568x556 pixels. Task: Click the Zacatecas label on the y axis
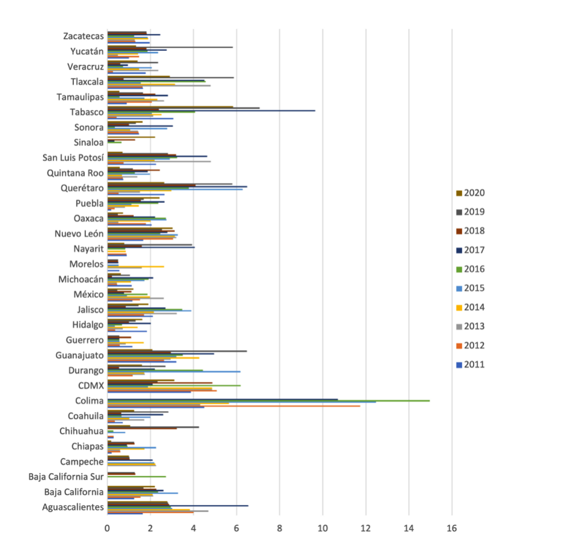point(84,36)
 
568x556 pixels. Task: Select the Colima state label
point(89,401)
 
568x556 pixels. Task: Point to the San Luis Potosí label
point(73,157)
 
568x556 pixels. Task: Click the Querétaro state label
point(82,188)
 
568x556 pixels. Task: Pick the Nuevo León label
point(79,233)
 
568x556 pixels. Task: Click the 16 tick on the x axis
point(452,529)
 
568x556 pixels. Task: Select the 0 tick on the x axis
point(107,529)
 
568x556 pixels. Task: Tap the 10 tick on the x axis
point(322,529)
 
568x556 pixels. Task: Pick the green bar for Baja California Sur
point(136,477)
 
